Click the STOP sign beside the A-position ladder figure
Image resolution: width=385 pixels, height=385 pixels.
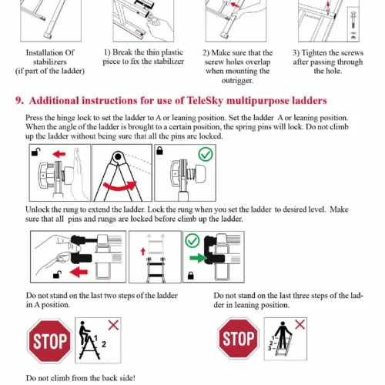click(x=49, y=341)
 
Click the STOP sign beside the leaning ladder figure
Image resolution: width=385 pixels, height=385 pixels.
click(x=239, y=338)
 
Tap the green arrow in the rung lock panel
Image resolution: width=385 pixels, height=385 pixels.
click(x=198, y=258)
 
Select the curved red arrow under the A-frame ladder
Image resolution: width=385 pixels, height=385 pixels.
click(x=119, y=186)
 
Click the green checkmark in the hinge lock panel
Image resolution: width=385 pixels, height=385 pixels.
click(x=206, y=155)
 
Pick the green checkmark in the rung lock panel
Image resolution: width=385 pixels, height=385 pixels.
click(x=192, y=240)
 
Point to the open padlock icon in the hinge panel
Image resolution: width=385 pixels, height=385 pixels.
click(x=35, y=152)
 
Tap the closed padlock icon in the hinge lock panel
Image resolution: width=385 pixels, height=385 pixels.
click(x=159, y=151)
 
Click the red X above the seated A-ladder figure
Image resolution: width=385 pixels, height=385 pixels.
click(x=113, y=325)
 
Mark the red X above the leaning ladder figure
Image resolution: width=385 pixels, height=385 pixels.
click(x=300, y=324)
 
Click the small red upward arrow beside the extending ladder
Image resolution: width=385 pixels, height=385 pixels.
click(x=143, y=251)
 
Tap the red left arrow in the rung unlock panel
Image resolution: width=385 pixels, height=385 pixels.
click(x=79, y=272)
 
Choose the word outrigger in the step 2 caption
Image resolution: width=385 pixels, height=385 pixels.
click(x=237, y=80)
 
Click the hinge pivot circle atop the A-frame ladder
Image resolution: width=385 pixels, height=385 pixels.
click(x=118, y=156)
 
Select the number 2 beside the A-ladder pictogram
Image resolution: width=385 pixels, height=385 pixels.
click(x=104, y=344)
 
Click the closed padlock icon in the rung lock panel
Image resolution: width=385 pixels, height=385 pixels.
click(x=191, y=276)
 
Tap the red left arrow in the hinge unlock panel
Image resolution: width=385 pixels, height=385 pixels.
click(x=59, y=154)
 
